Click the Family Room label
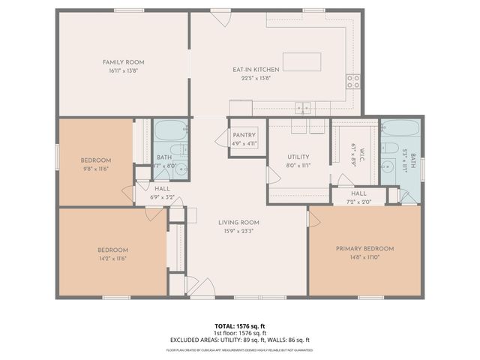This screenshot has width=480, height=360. [x=124, y=62]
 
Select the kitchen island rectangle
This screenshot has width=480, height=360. [x=301, y=61]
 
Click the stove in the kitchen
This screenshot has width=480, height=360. [x=352, y=80]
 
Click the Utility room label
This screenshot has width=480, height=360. [x=298, y=157]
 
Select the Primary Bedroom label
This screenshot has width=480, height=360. [x=365, y=248]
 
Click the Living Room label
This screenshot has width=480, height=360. [x=238, y=222]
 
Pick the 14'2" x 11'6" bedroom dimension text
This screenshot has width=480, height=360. [x=112, y=258]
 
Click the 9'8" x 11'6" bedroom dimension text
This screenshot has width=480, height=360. [x=96, y=168]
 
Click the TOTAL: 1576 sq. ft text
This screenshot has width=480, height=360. [x=239, y=326]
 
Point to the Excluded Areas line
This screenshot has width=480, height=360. [x=239, y=340]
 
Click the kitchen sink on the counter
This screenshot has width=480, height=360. [x=304, y=107]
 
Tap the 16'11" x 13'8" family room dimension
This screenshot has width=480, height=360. [x=124, y=70]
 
